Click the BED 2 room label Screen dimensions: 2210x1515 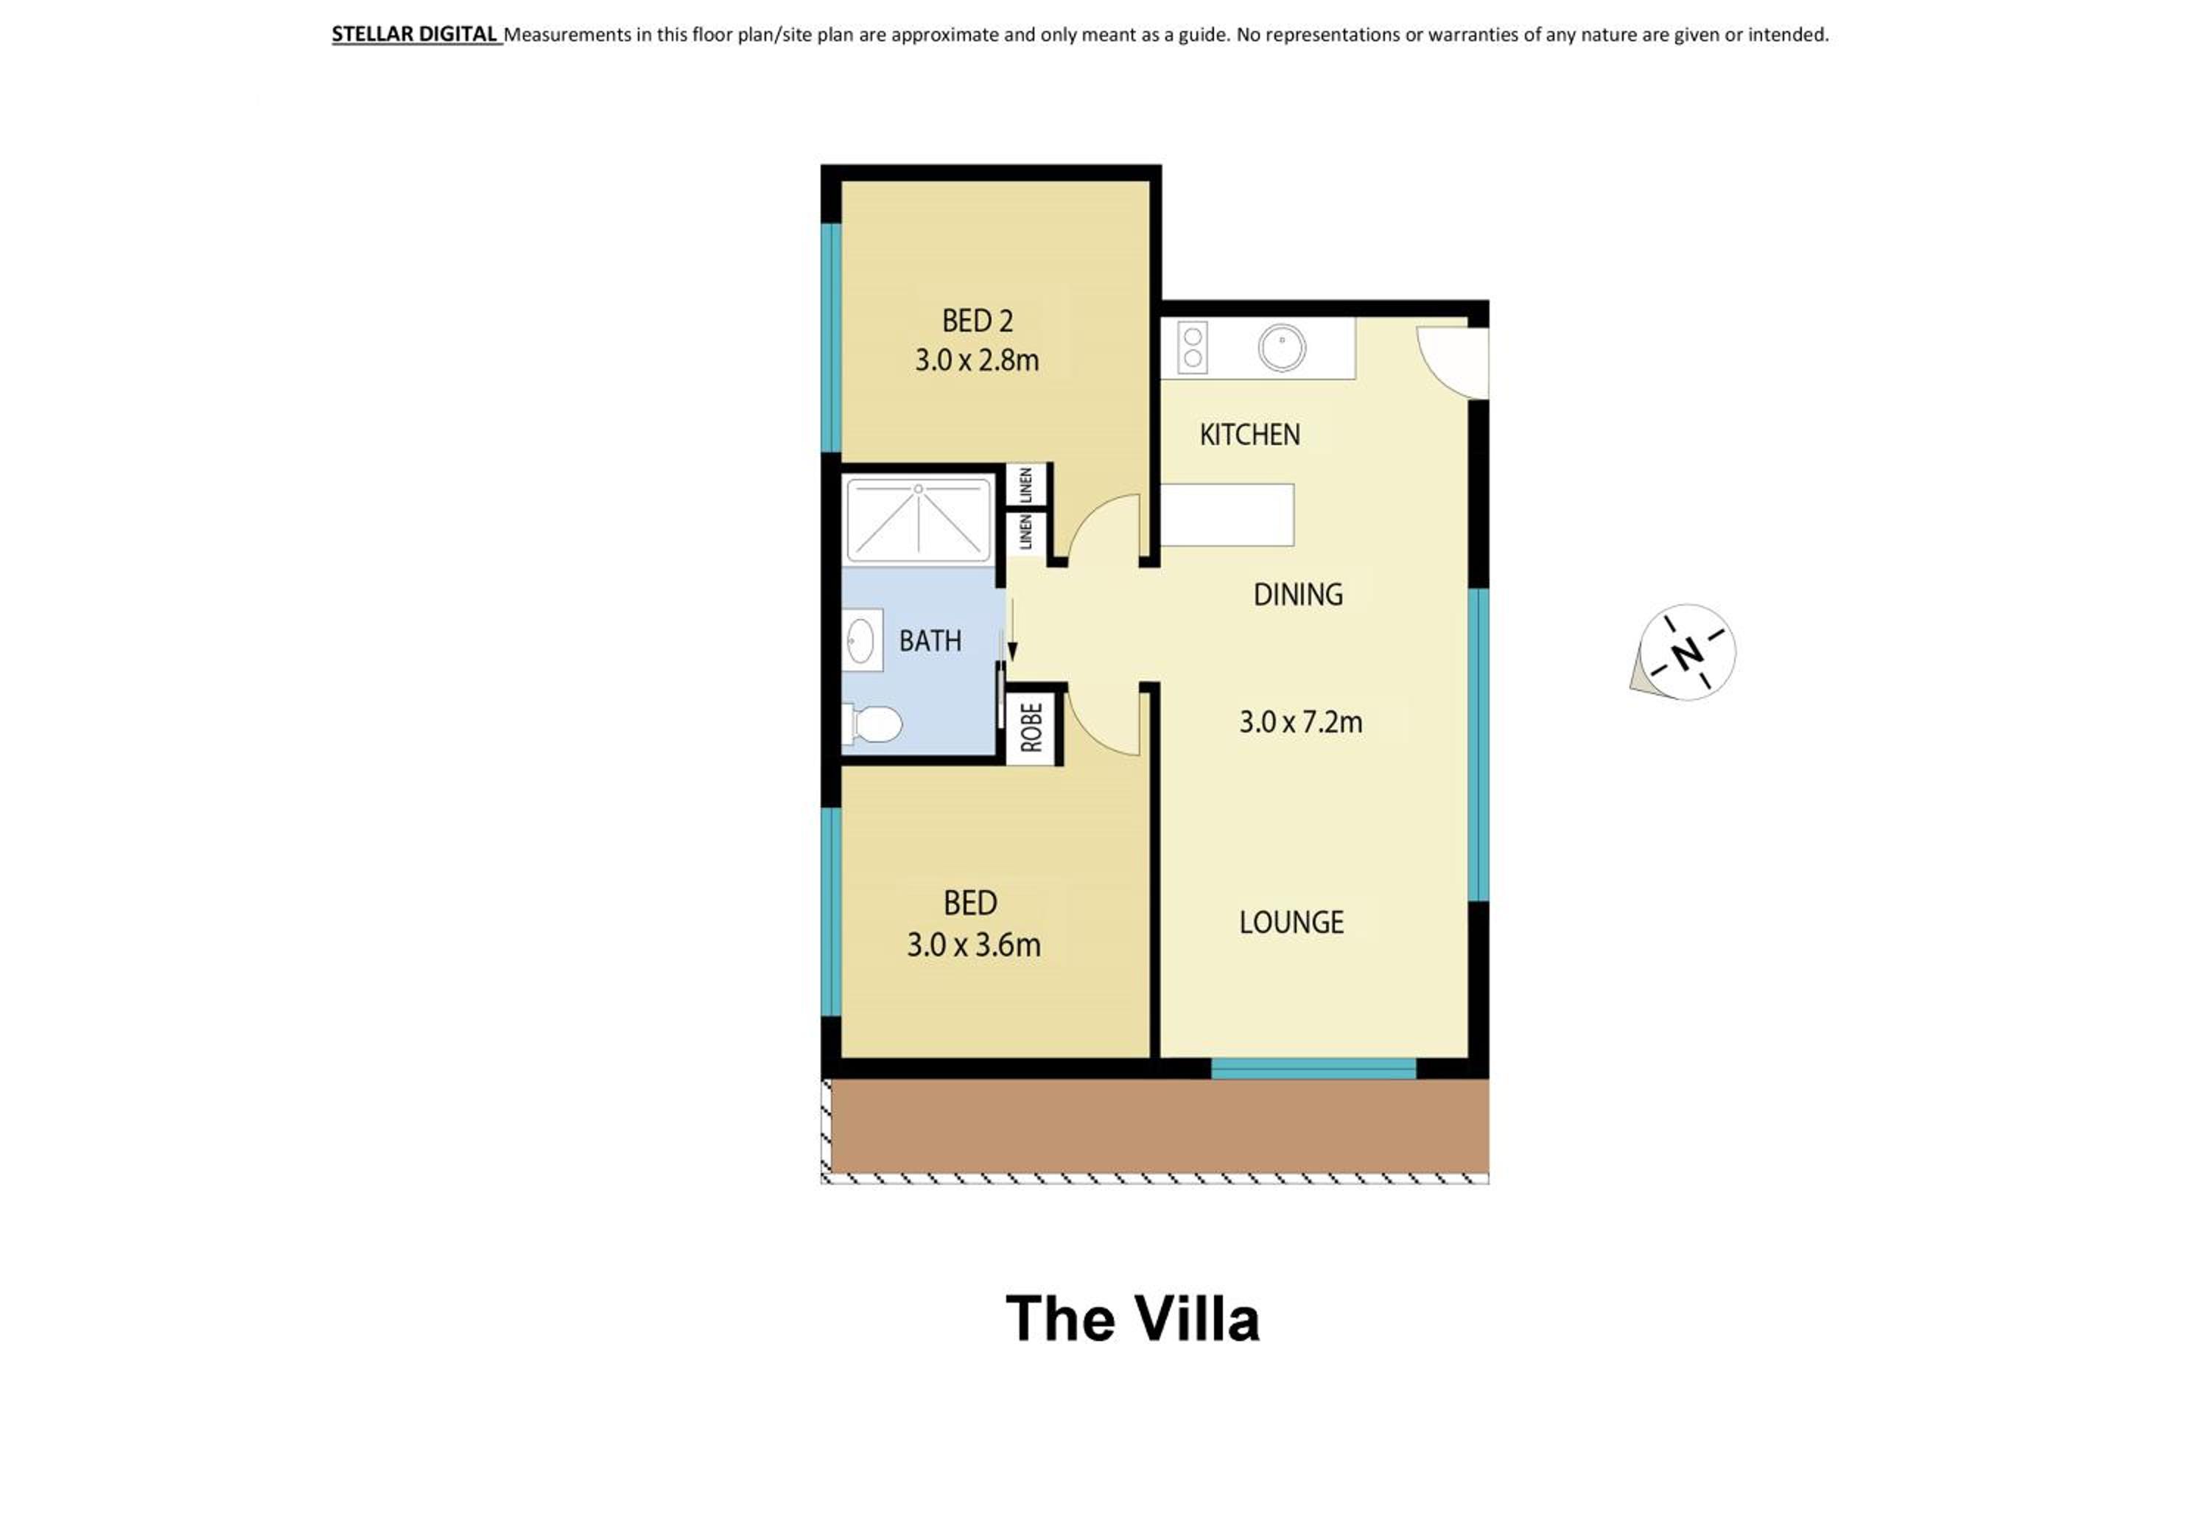[977, 321]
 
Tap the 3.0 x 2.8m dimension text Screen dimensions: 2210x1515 [977, 360]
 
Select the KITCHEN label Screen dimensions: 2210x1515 [1249, 435]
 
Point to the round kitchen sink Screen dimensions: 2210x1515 [1282, 348]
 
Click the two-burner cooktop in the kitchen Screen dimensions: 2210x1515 [1193, 346]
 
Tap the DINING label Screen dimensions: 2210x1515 [1297, 595]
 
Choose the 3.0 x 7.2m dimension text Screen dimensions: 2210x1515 [1300, 722]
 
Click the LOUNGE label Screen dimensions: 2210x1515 [1291, 922]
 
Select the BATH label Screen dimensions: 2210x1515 [930, 641]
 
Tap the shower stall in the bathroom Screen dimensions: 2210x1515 [918, 519]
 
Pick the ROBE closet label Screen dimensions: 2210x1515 [1031, 727]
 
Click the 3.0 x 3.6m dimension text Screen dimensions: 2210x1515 [974, 945]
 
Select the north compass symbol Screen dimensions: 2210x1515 [1684, 652]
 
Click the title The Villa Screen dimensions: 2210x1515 [1132, 1318]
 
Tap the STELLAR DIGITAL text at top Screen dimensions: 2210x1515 [415, 34]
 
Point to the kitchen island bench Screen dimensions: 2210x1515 [1227, 514]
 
